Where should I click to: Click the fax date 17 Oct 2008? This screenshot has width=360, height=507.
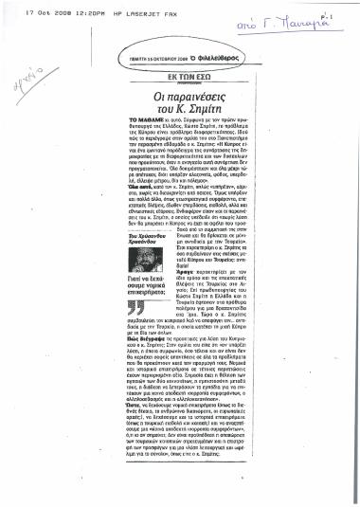20,11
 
